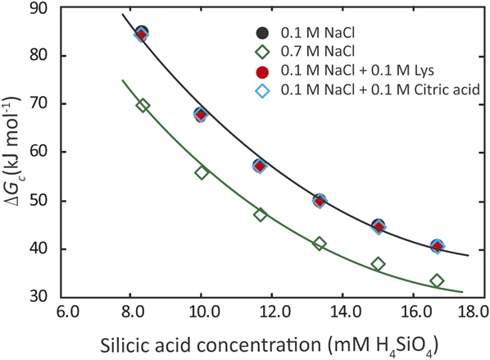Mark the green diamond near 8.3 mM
143,105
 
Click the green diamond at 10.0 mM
201,172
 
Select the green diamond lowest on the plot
437,280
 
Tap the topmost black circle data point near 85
141,33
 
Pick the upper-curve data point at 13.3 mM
320,200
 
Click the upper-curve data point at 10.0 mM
201,114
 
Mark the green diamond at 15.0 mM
378,264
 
